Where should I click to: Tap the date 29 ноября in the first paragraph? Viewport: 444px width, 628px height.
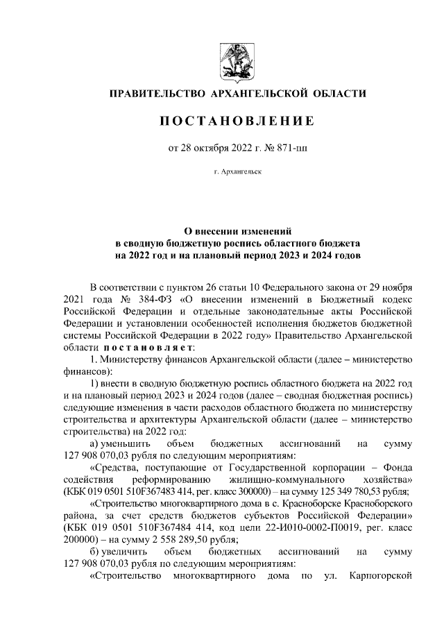(390, 288)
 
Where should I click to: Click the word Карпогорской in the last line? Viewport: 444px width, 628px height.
(382, 576)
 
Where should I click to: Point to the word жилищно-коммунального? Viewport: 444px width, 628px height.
(300, 480)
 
